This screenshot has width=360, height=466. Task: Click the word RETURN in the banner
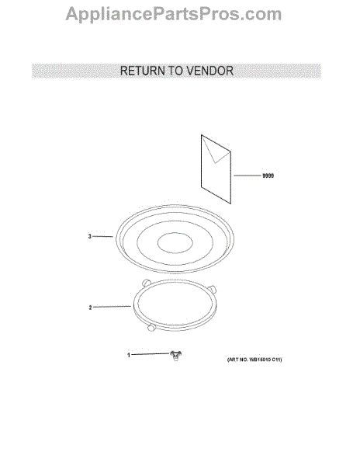click(142, 71)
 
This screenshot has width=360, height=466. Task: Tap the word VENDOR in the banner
click(209, 71)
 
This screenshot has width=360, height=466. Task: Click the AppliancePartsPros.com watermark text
click(173, 14)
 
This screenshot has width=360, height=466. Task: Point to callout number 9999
click(268, 176)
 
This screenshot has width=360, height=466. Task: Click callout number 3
click(90, 237)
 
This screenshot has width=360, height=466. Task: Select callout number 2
click(90, 308)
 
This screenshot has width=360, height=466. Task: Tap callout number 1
click(129, 355)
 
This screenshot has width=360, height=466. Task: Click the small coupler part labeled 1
click(175, 356)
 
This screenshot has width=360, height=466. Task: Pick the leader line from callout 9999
click(247, 176)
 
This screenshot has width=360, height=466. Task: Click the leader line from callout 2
click(112, 307)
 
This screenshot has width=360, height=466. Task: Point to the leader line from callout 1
click(151, 354)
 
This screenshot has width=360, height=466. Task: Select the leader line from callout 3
click(102, 237)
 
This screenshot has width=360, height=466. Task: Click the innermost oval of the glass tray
click(175, 243)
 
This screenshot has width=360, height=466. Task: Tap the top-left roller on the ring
click(147, 283)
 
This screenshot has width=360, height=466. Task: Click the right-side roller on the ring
click(212, 289)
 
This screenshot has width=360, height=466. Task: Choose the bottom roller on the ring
click(151, 327)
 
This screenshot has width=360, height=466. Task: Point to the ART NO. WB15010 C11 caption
click(254, 360)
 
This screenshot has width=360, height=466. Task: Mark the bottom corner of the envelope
click(230, 203)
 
